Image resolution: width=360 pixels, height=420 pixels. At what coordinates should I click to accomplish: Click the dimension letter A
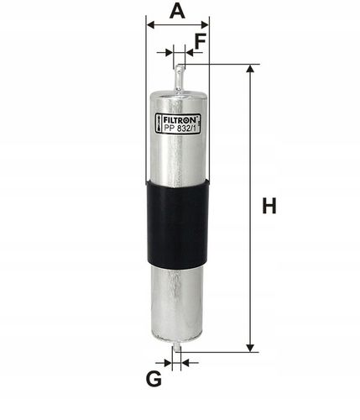pos(177,11)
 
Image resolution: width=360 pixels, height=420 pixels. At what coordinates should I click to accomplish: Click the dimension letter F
pos(201,41)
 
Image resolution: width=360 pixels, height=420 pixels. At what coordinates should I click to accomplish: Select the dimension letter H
pos(269,206)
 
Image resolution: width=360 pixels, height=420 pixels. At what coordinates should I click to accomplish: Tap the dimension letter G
pos(154,379)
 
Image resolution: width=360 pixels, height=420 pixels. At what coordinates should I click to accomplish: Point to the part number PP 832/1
pos(180,129)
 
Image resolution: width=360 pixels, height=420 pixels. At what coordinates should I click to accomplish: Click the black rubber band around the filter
pos(178,224)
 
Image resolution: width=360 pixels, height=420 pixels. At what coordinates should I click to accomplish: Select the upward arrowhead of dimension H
pos(250,68)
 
